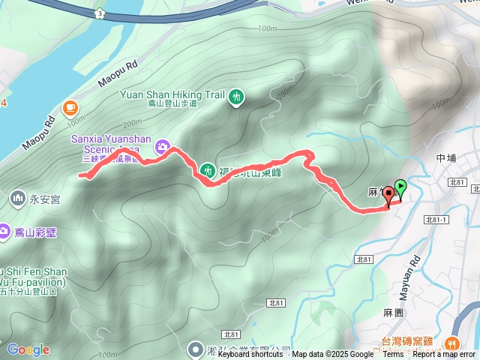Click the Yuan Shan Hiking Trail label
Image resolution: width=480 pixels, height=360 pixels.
pos(172,95)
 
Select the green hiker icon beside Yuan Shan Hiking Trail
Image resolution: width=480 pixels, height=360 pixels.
pos(237,96)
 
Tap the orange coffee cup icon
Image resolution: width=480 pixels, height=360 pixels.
pos(70,108)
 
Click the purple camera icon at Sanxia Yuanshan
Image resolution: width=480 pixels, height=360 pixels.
pos(160,147)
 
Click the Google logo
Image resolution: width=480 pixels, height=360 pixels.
pos(28,349)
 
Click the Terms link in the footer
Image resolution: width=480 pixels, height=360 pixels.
pos(393,355)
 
